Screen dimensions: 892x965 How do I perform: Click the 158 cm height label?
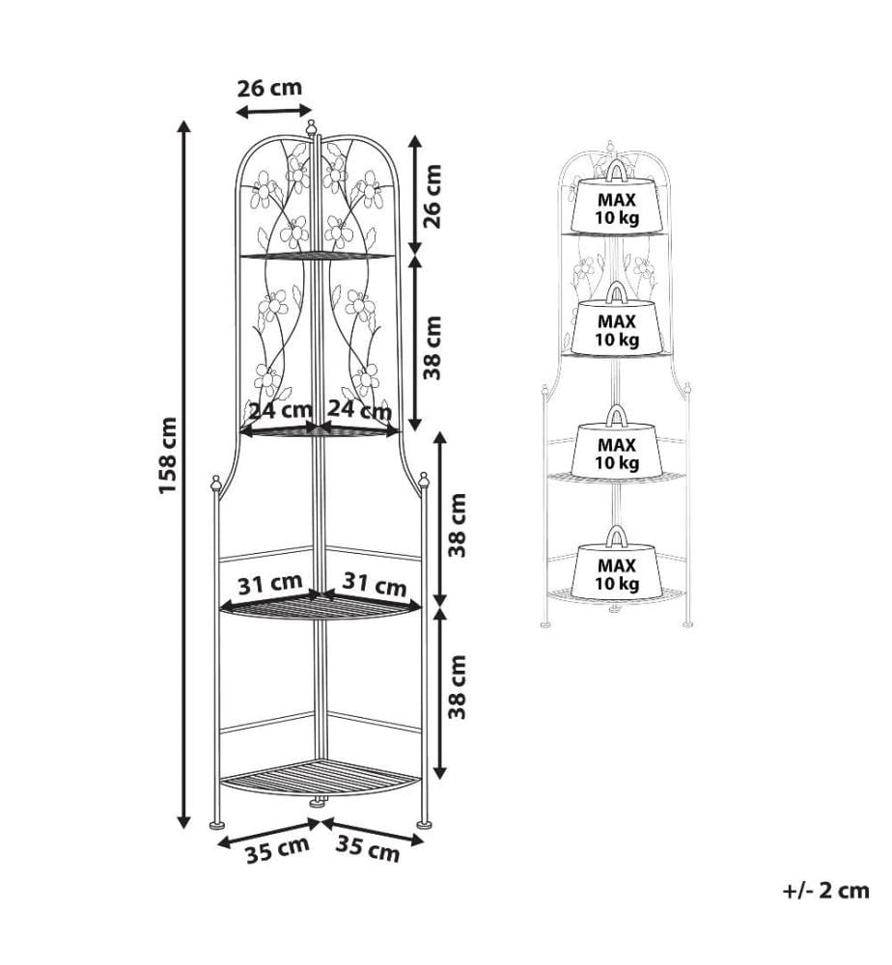[168, 455]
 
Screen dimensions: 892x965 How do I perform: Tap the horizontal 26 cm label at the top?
[269, 88]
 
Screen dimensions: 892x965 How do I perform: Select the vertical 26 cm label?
[433, 196]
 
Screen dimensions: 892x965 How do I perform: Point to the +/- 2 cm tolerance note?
[826, 891]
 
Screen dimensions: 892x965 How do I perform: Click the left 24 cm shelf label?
[279, 409]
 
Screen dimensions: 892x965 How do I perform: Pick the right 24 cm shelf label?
[359, 409]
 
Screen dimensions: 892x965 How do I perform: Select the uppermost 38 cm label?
[433, 347]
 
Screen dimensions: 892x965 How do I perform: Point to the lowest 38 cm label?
[458, 687]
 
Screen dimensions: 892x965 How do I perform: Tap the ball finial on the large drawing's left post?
[215, 482]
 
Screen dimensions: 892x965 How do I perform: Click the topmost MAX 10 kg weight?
[616, 199]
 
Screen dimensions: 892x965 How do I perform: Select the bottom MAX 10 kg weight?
[618, 564]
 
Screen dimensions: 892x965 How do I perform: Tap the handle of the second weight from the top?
[616, 293]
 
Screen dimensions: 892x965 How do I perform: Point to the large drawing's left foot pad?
[216, 825]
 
